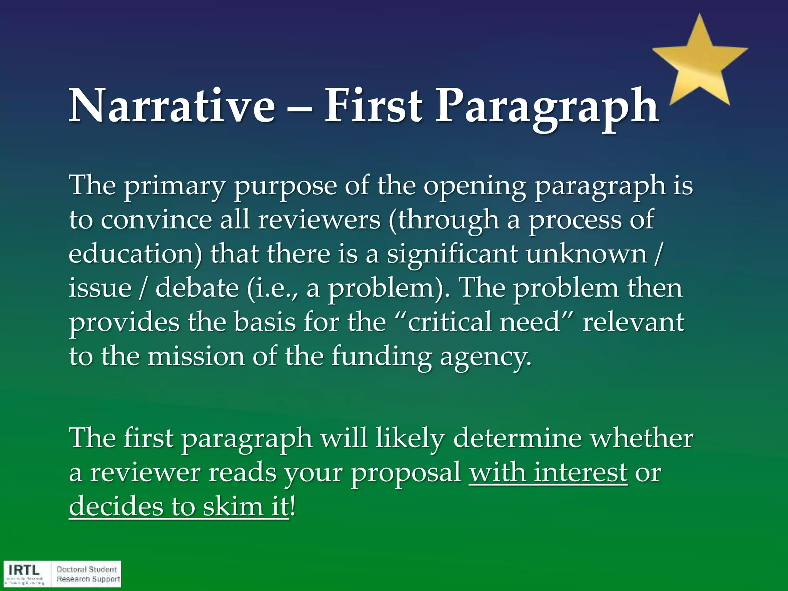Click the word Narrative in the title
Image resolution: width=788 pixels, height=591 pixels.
[172, 106]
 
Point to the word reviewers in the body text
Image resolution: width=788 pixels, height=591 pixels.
[319, 220]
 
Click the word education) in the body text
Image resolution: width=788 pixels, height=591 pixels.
[135, 254]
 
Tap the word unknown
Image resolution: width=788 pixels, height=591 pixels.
[587, 254]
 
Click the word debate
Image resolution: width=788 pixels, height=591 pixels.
[197, 288]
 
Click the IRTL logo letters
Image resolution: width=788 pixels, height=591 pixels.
[24, 570]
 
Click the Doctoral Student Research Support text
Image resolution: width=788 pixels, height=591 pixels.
[88, 574]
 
